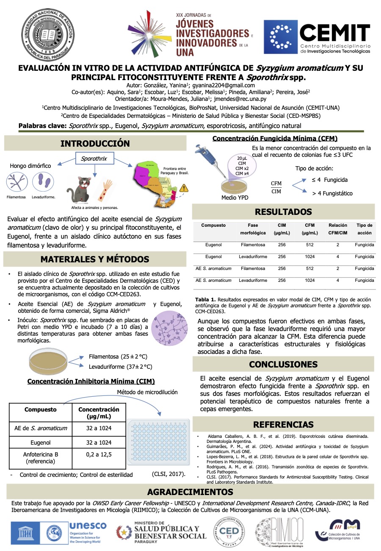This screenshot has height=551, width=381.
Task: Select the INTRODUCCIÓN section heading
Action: pos(95,144)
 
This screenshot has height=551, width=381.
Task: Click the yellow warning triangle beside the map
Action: pos(184,188)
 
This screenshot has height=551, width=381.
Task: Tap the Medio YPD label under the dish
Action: pos(235,198)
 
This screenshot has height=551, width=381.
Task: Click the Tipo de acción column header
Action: pos(364,229)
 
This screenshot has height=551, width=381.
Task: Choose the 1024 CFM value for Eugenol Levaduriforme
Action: pos(309,257)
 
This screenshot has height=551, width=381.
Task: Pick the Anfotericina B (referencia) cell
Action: pos(41,457)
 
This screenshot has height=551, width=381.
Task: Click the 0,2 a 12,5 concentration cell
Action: pos(99,454)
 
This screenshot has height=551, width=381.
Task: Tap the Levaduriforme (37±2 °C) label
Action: pos(120,367)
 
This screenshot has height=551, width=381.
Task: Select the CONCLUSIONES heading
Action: pos(283,365)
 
